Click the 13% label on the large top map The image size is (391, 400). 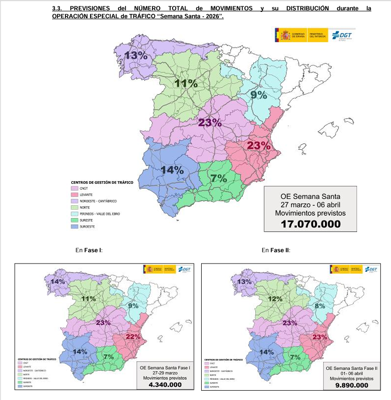tap(136, 55)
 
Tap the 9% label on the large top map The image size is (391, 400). tap(259, 95)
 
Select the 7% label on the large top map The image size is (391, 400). tap(218, 178)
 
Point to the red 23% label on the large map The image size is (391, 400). tap(259, 145)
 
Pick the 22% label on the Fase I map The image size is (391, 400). tap(133, 336)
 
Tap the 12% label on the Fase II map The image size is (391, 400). tap(275, 299)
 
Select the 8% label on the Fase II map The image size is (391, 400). tap(320, 305)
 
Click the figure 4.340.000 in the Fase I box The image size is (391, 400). tap(163, 385)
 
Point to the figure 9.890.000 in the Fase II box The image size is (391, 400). tap(351, 385)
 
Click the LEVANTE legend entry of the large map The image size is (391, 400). tap(88, 195)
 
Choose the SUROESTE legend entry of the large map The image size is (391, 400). tap(89, 227)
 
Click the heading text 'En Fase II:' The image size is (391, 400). tap(276, 250)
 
